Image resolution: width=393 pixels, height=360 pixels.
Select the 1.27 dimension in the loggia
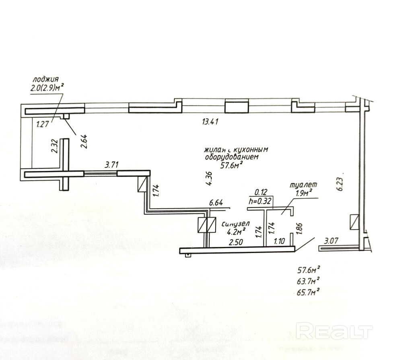click(x=42, y=124)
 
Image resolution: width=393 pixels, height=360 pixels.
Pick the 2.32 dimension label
click(x=55, y=146)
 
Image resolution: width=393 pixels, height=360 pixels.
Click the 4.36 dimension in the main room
click(x=208, y=178)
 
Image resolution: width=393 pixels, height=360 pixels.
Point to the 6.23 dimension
click(x=341, y=185)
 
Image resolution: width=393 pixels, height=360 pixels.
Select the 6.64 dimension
click(x=216, y=202)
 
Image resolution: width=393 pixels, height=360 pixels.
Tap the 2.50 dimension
click(x=237, y=243)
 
